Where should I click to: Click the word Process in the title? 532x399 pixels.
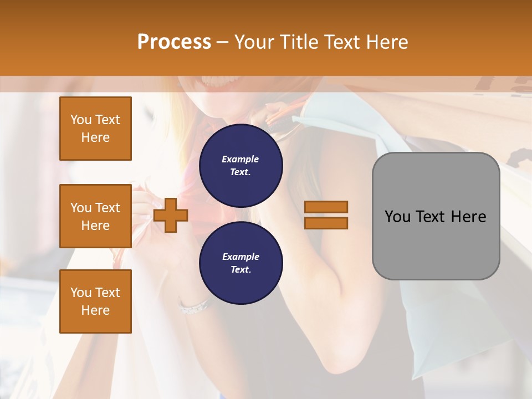tap(174, 42)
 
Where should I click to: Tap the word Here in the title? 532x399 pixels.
tap(385, 42)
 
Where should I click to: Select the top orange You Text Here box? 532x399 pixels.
tap(95, 129)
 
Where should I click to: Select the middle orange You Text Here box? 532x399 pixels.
tap(95, 216)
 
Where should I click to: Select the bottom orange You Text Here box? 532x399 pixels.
tap(95, 301)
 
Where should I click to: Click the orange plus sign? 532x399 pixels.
tap(171, 216)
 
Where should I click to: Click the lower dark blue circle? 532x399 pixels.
tap(241, 263)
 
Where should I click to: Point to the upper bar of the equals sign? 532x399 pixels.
tap(326, 207)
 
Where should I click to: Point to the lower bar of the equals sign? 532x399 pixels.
tap(326, 223)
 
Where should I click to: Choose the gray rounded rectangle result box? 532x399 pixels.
tap(436, 216)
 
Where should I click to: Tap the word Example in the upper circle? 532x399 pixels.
tap(240, 159)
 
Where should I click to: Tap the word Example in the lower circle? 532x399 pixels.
tap(241, 257)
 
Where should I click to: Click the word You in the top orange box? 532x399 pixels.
tap(81, 120)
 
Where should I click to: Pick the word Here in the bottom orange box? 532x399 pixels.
tap(95, 310)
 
